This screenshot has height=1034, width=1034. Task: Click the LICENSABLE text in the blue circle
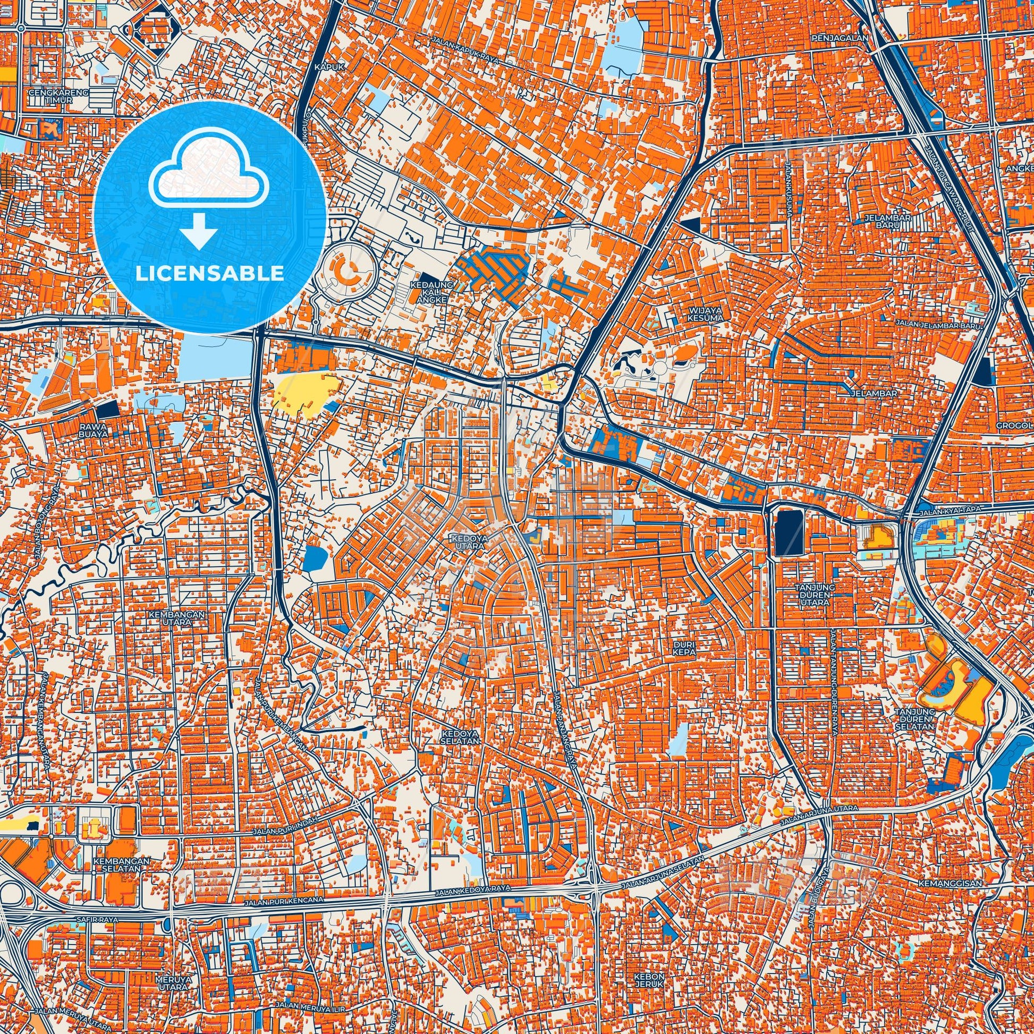210,274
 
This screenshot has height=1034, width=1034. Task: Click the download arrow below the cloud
199,230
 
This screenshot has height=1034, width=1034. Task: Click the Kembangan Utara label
178,618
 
